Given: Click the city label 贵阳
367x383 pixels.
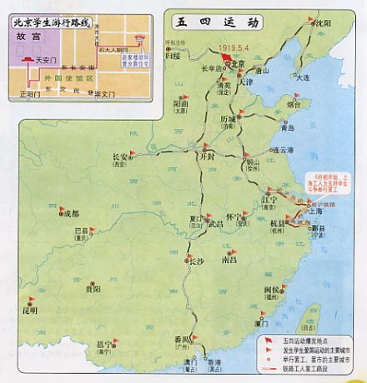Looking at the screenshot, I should pyautogui.click(x=92, y=289).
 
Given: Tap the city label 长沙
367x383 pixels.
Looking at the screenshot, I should pyautogui.click(x=196, y=261).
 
